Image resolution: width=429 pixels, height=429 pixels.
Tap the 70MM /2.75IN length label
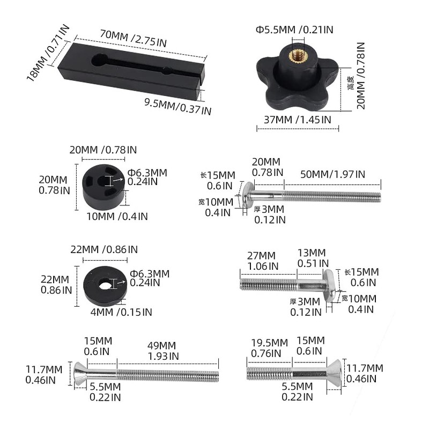(133, 38)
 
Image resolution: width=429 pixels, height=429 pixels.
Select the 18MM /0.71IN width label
(48, 53)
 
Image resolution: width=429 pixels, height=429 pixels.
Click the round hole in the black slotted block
(99, 60)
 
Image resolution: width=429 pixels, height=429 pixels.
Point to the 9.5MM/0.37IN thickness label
(178, 106)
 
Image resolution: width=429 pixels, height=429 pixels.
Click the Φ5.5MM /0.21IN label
(294, 29)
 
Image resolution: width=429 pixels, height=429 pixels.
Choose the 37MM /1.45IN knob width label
(298, 120)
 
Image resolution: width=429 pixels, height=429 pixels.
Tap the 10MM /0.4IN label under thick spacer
(117, 217)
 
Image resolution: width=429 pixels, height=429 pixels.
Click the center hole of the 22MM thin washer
(105, 285)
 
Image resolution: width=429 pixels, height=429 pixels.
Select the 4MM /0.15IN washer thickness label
(121, 312)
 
